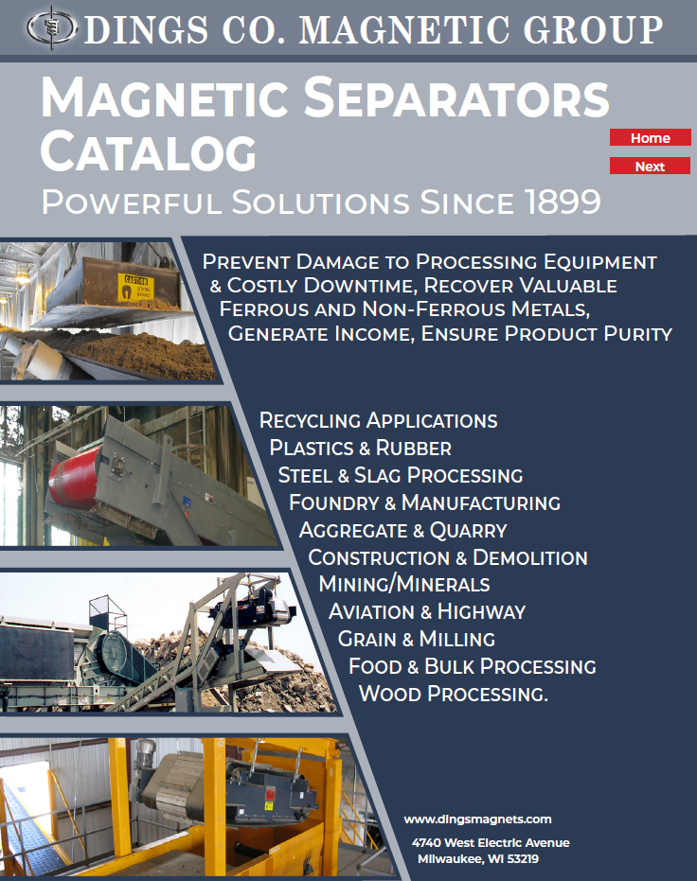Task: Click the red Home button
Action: [650, 137]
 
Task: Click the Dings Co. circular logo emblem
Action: [52, 27]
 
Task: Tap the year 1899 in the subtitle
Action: [563, 202]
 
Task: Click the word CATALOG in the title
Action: [149, 151]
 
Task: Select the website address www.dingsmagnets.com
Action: [478, 819]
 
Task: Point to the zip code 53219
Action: [523, 858]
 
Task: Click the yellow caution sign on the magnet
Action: [135, 286]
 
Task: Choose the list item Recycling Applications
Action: [378, 420]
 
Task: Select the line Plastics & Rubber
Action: [360, 448]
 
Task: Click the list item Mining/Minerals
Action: [404, 584]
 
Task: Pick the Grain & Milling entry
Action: [417, 639]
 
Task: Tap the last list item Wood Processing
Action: [453, 694]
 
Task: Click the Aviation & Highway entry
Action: [427, 611]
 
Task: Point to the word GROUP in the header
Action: [593, 29]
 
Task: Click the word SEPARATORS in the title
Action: [457, 97]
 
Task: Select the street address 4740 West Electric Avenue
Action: [491, 843]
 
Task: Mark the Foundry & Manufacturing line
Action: [424, 502]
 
